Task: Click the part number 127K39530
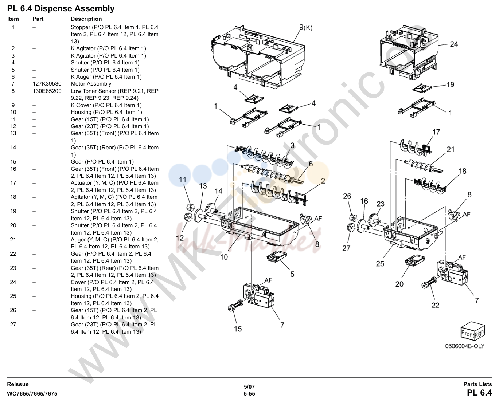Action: [x=47, y=84]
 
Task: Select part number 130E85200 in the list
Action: [x=47, y=91]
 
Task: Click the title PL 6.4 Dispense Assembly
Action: [x=61, y=9]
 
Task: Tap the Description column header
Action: [x=86, y=19]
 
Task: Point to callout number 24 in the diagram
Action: [x=454, y=44]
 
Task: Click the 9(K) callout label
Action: [x=305, y=27]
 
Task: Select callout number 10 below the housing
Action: [x=224, y=257]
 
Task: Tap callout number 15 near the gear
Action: [x=238, y=329]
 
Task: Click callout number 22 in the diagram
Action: [x=435, y=305]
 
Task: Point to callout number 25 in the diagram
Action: [x=380, y=264]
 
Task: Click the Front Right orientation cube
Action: [x=472, y=331]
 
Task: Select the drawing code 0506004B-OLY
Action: [x=465, y=346]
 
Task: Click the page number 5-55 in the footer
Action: [x=249, y=394]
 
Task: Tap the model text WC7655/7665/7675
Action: [x=32, y=394]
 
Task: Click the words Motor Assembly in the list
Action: [x=91, y=84]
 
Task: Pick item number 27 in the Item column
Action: [x=13, y=324]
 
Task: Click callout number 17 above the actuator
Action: [x=436, y=132]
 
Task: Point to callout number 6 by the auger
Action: [x=311, y=164]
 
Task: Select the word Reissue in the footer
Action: [x=17, y=384]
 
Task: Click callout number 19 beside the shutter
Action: [x=450, y=84]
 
